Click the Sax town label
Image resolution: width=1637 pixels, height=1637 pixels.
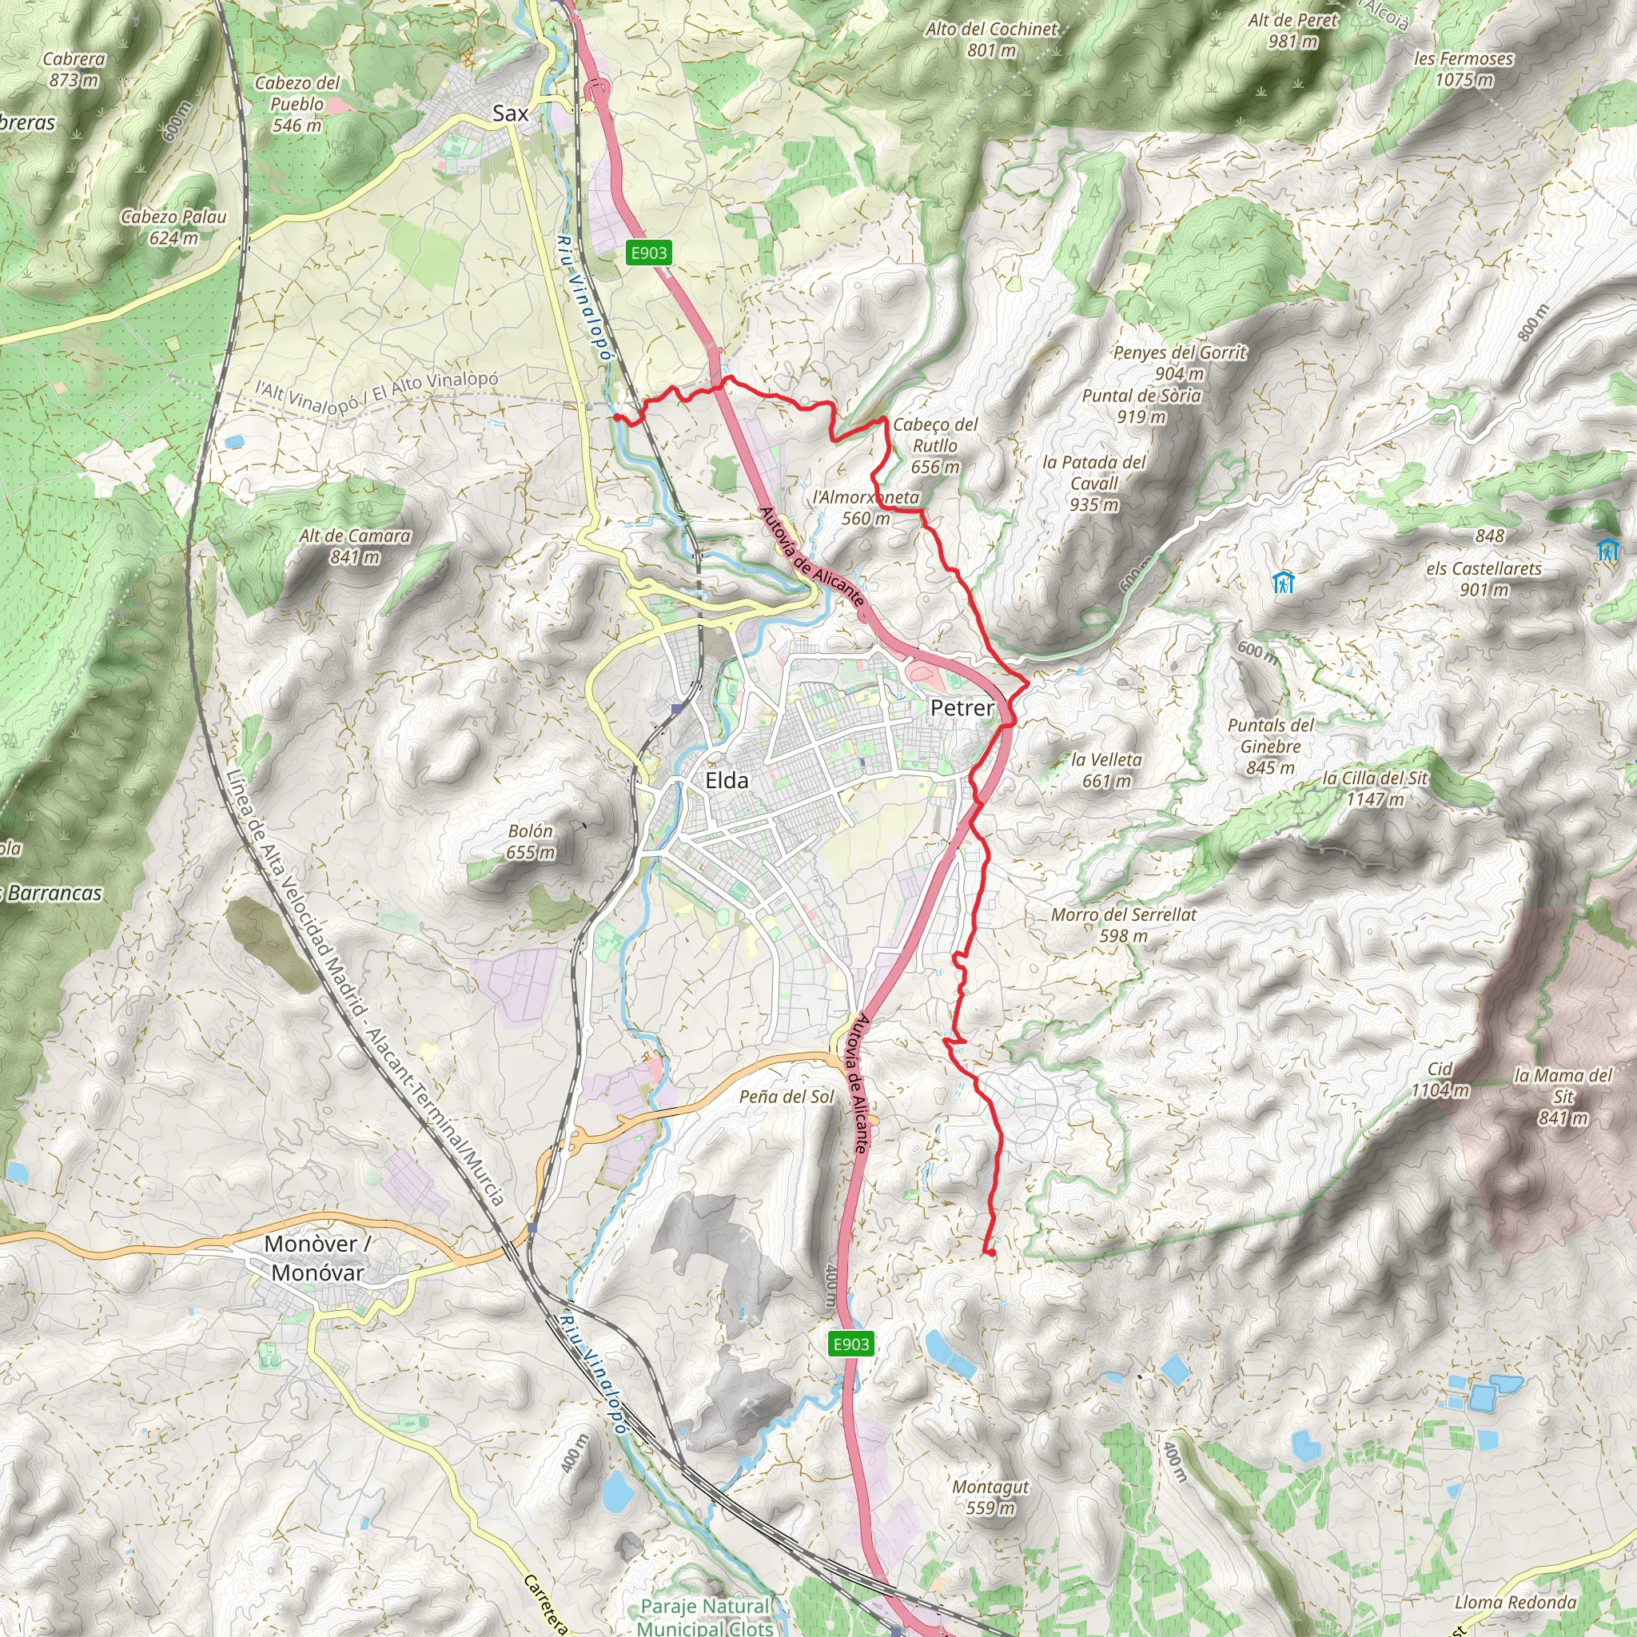tap(510, 114)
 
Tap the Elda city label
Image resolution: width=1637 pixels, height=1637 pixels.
tap(726, 780)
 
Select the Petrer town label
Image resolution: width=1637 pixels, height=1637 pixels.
tap(962, 707)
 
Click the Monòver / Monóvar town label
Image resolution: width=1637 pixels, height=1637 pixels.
tap(317, 1257)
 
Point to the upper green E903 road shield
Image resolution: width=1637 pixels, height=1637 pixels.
tap(648, 253)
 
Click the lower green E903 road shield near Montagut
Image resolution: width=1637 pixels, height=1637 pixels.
tap(850, 1344)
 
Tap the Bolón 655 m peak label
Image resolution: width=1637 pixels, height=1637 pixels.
tap(531, 842)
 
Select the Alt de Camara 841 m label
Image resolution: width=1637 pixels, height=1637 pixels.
tap(354, 546)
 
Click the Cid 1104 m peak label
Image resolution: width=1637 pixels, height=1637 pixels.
tap(1440, 1079)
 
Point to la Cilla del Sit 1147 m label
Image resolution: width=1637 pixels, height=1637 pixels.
tap(1374, 788)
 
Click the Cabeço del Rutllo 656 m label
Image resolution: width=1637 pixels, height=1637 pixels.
tap(934, 445)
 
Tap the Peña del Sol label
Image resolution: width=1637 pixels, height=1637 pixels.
tap(787, 1097)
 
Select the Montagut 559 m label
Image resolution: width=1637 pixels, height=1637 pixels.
tap(990, 1497)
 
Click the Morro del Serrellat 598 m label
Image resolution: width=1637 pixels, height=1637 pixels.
tap(1124, 925)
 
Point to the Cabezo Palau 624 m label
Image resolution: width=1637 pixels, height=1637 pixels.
tap(173, 227)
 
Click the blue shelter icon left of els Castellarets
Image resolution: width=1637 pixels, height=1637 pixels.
tap(1283, 582)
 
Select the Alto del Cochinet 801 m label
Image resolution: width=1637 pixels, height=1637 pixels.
tap(991, 39)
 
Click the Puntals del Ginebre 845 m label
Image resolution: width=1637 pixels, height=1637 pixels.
tap(1270, 746)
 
